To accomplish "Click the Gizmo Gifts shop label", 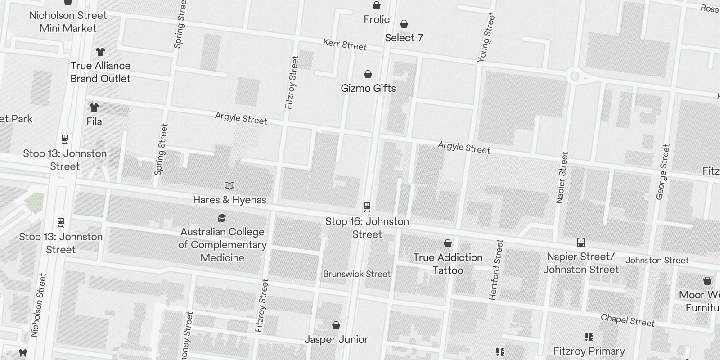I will [368, 88].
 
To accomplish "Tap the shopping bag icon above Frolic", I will [376, 5].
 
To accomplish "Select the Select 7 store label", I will [404, 38].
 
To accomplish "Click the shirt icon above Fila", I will [94, 108].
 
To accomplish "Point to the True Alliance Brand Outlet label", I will [100, 72].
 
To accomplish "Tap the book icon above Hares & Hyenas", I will [229, 185].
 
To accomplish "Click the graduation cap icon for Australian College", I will [222, 218].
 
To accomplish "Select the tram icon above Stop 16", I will [367, 207].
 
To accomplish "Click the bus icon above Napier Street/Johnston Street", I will [580, 243].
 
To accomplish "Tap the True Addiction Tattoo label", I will [448, 264].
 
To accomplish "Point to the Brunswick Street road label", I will [357, 274].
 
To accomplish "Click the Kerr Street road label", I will [345, 45].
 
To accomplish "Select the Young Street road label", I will [486, 37].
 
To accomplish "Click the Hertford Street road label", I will [496, 270].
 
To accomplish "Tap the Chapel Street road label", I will [628, 320].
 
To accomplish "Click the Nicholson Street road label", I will [38, 305].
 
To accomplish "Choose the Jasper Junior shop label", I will [336, 339].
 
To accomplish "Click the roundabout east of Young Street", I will [574, 76].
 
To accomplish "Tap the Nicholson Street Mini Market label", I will [68, 22].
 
